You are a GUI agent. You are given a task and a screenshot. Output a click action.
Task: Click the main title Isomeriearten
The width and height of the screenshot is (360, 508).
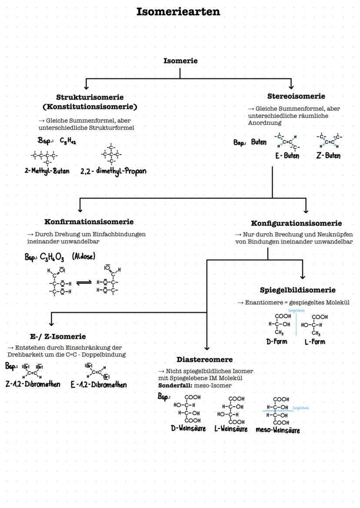[178, 12]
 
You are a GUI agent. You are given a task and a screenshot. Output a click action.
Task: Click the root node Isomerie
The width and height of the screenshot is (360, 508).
[180, 61]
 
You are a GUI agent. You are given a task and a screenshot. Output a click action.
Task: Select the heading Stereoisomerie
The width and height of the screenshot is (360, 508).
[296, 96]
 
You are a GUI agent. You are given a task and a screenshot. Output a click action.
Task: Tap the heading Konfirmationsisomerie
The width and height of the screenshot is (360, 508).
[89, 222]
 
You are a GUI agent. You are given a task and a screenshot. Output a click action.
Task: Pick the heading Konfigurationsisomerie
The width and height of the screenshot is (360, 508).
[297, 223]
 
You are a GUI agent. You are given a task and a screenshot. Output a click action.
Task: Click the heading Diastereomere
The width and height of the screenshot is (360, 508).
[204, 359]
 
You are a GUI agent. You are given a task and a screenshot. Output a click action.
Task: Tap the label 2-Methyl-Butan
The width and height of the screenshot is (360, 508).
[47, 170]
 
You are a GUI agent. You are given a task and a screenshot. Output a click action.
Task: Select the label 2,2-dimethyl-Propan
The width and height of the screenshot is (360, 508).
[113, 171]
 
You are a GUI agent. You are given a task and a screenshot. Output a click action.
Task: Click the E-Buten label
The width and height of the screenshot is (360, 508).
[287, 156]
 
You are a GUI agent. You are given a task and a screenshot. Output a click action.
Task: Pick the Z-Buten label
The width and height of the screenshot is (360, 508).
[328, 156]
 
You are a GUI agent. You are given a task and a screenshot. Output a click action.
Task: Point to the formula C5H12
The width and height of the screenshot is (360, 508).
[68, 141]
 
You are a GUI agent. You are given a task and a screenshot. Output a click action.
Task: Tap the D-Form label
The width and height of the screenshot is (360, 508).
[277, 342]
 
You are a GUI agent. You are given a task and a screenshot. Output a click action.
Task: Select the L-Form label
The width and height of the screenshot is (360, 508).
[315, 342]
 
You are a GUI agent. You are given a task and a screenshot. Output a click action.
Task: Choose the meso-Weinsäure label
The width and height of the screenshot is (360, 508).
[278, 430]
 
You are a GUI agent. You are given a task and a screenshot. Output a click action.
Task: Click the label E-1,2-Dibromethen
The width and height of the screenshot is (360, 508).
[99, 385]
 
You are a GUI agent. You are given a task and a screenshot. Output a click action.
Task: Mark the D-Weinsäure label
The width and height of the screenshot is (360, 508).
[188, 428]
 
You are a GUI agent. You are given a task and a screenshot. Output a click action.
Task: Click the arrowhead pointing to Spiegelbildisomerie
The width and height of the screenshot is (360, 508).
[303, 276]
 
